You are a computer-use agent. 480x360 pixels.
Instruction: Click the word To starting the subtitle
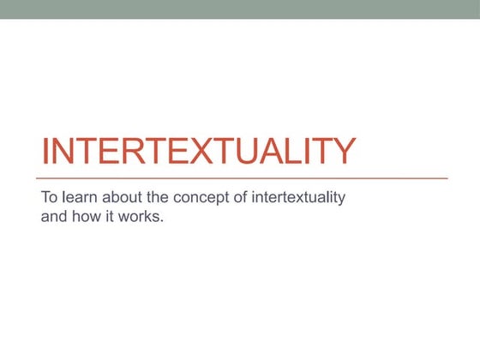point(50,197)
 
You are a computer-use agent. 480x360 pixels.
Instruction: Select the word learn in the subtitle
point(79,197)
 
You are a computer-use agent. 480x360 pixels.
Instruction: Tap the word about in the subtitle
point(123,197)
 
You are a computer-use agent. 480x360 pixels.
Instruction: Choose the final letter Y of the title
point(341,151)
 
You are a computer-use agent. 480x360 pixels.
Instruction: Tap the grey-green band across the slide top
point(240,9)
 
